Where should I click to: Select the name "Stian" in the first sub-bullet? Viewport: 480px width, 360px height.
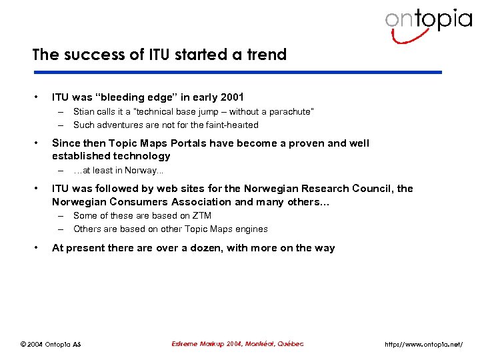click(84, 112)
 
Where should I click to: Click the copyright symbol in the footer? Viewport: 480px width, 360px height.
click(23, 345)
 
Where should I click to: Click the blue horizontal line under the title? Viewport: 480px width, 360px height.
click(237, 72)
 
